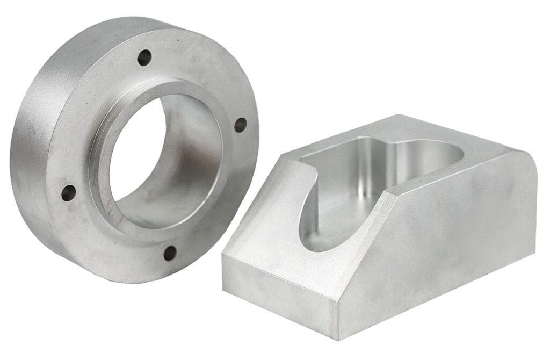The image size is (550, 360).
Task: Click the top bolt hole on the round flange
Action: coord(144,57)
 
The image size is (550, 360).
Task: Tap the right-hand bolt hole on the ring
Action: coord(240,125)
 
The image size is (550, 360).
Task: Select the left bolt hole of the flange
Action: coord(68,192)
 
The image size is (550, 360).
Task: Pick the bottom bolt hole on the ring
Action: coord(170,253)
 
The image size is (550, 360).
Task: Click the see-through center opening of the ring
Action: coord(137,156)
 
